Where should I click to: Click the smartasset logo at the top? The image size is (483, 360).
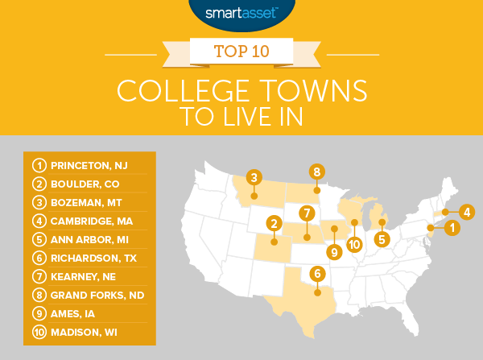pos(241,14)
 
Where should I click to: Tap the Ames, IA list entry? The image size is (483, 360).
pos(77,313)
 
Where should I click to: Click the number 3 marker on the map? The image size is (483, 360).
pos(254,177)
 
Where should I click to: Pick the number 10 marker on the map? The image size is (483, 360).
pos(353,244)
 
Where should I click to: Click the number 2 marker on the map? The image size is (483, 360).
pos(275,223)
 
